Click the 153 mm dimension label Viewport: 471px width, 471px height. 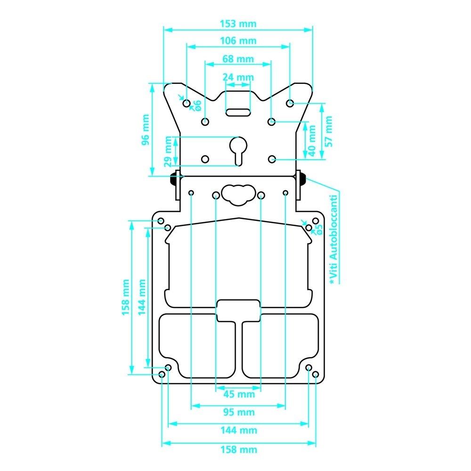[238, 24]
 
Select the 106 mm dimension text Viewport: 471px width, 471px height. [238, 41]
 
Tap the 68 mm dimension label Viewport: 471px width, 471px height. [238, 59]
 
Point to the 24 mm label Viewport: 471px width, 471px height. [238, 77]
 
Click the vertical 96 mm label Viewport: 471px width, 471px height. [146, 130]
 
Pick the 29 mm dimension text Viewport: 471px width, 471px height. [168, 152]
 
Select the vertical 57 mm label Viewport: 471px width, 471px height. [329, 131]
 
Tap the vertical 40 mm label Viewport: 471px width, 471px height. [312, 141]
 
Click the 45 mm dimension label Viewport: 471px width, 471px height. [239, 394]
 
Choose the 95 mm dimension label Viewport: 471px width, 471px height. [239, 412]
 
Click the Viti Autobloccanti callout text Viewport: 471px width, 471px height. [334, 239]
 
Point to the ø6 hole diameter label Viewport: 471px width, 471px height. [197, 106]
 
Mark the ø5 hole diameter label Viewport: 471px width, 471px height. [319, 229]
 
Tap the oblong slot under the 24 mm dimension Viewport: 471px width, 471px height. [238, 113]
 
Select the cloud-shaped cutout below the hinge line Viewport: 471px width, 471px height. [238, 195]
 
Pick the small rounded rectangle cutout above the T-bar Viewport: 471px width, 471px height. [238, 310]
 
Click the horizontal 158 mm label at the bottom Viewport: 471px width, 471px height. [239, 450]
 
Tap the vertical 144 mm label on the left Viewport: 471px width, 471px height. [142, 297]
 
